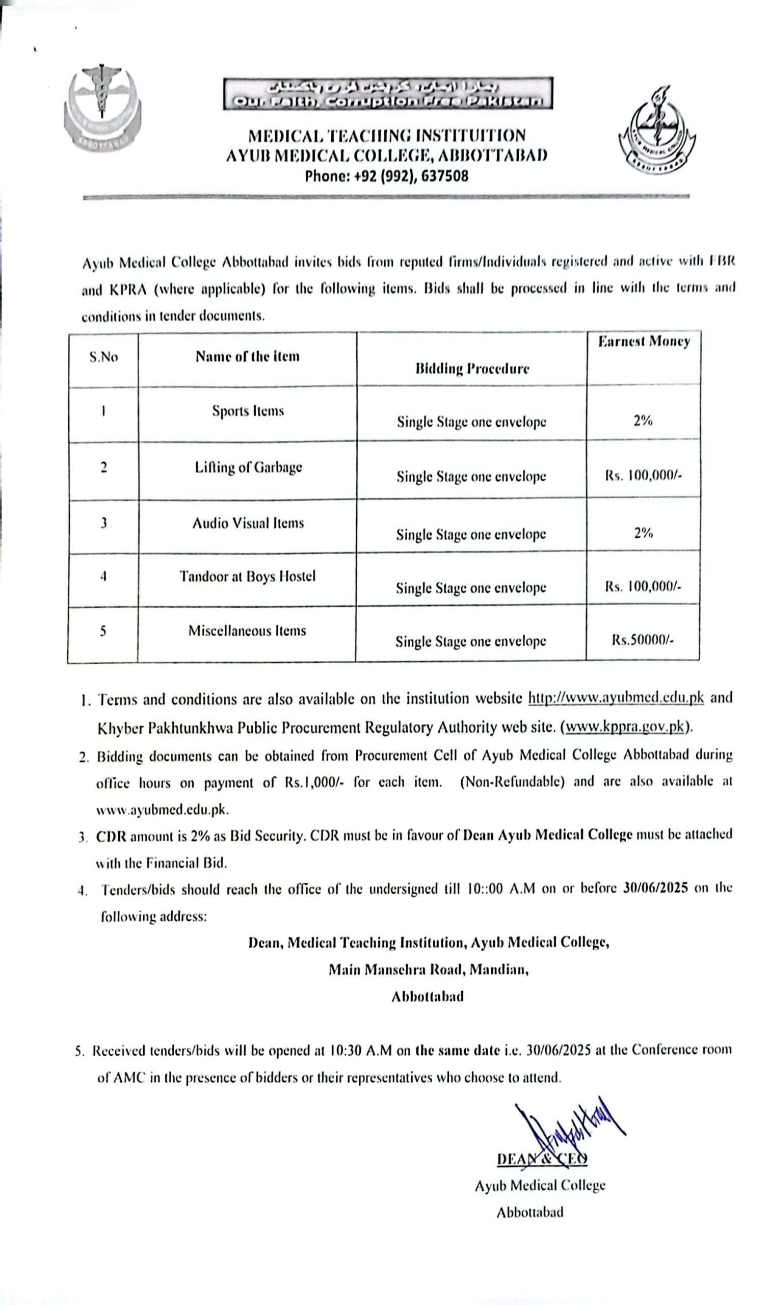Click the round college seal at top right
(657, 133)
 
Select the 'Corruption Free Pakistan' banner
(388, 94)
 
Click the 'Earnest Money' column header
(644, 342)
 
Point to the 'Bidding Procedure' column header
(471, 369)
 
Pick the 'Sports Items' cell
(248, 411)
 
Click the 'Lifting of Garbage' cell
(248, 467)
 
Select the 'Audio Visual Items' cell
(248, 523)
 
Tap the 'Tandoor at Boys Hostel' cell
(247, 577)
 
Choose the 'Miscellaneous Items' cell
(247, 631)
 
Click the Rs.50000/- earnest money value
(642, 640)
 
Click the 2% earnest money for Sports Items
(643, 421)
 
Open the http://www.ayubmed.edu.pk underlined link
(616, 698)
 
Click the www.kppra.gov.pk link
(625, 727)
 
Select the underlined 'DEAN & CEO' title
(542, 1159)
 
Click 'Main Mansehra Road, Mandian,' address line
(429, 969)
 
